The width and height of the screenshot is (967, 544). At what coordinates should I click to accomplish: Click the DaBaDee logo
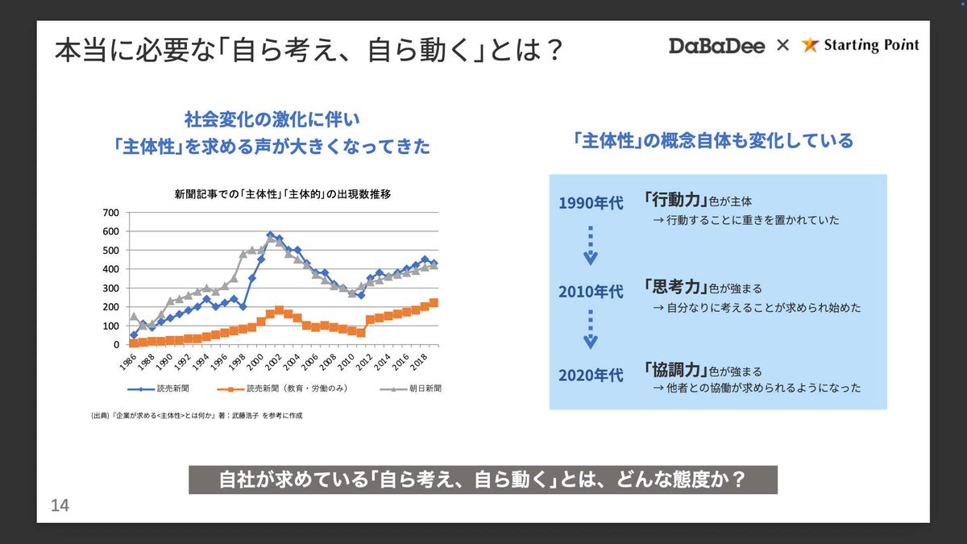click(x=716, y=46)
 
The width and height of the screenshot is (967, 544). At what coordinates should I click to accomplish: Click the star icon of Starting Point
click(x=810, y=45)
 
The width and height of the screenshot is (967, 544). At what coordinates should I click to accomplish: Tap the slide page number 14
click(x=60, y=505)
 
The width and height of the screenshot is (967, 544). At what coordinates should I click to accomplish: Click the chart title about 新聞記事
click(x=283, y=194)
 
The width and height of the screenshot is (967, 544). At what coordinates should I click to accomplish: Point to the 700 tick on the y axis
click(x=111, y=213)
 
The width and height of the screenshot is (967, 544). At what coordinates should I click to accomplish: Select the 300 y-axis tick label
click(x=111, y=288)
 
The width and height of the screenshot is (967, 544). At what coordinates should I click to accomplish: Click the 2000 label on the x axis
click(x=255, y=362)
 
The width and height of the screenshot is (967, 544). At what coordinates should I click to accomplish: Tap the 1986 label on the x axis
click(x=128, y=362)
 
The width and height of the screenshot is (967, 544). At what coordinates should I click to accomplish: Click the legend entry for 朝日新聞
click(x=410, y=388)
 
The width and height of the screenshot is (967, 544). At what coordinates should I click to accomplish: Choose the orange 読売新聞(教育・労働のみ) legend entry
click(x=282, y=388)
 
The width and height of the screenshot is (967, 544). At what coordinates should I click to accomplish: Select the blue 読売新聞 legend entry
click(x=158, y=388)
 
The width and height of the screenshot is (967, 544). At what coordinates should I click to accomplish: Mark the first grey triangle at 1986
click(x=134, y=317)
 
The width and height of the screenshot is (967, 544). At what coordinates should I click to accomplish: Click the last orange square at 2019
click(x=434, y=303)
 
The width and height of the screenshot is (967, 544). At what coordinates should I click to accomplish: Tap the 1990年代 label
click(x=591, y=203)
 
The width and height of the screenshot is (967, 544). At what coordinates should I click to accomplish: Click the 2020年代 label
click(x=591, y=376)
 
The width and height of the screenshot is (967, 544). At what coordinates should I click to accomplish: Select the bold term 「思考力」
click(x=675, y=286)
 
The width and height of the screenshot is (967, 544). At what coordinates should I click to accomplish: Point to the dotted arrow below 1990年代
click(x=591, y=245)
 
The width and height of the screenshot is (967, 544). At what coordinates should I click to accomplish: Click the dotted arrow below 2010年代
click(x=591, y=329)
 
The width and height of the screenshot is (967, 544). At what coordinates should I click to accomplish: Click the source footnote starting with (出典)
click(x=197, y=415)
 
